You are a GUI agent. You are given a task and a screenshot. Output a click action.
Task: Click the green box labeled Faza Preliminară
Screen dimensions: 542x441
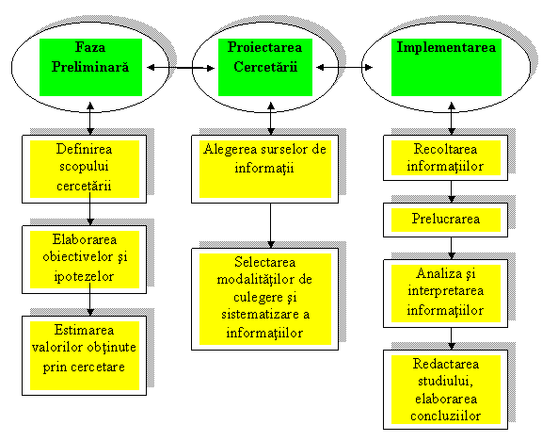pyautogui.click(x=90, y=67)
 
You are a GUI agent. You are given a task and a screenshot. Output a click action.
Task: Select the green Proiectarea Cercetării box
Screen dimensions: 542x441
pyautogui.click(x=265, y=67)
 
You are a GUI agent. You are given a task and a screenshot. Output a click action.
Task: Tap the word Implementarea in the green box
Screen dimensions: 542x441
pyautogui.click(x=446, y=47)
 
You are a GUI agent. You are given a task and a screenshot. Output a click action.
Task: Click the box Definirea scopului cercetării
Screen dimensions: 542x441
pyautogui.click(x=85, y=169)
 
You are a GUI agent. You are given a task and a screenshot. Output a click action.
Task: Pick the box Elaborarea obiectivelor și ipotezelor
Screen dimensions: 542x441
pyautogui.click(x=85, y=260)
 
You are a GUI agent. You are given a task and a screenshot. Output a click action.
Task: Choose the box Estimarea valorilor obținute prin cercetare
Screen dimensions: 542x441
pyautogui.click(x=85, y=355)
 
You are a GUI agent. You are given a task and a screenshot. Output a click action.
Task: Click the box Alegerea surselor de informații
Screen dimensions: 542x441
pyautogui.click(x=264, y=169)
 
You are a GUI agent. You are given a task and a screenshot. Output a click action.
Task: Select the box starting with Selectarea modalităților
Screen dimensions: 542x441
pyautogui.click(x=264, y=299)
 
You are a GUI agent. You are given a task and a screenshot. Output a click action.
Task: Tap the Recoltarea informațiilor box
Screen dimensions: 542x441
pyautogui.click(x=446, y=158)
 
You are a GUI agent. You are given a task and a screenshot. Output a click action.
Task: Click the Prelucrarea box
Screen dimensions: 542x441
pyautogui.click(x=446, y=220)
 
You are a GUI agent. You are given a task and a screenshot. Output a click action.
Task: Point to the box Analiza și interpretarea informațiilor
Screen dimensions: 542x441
pyautogui.click(x=446, y=294)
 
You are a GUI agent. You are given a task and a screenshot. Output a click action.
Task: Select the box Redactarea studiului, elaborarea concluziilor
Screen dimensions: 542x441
pyautogui.click(x=446, y=390)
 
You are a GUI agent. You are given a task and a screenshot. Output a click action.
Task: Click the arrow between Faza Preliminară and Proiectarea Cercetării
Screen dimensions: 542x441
pyautogui.click(x=181, y=68)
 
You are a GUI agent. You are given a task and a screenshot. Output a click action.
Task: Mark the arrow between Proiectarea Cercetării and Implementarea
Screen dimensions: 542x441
pyautogui.click(x=344, y=67)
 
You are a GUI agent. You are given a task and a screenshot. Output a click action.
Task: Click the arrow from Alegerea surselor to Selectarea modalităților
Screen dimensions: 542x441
pyautogui.click(x=271, y=226)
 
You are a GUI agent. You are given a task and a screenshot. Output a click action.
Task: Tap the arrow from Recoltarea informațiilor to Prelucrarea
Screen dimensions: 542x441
pyautogui.click(x=452, y=192)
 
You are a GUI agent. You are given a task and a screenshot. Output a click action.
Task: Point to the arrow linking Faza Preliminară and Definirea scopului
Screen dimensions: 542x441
pyautogui.click(x=90, y=119)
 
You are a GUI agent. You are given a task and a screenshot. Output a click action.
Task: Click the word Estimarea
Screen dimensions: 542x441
pyautogui.click(x=84, y=330)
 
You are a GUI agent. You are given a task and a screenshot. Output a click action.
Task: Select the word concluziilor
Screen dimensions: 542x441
pyautogui.click(x=446, y=416)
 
